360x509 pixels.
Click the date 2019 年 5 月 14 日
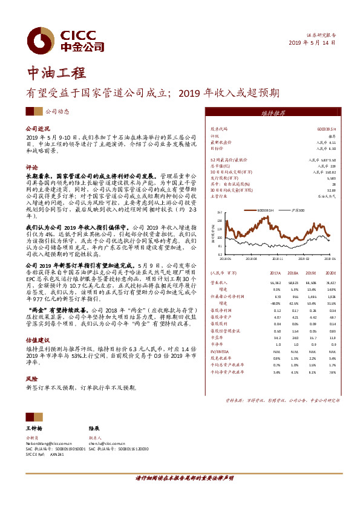[x=311, y=42]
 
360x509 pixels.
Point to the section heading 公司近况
[x=37, y=129]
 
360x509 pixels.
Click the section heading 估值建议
[x=37, y=340]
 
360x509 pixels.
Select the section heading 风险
[x=31, y=378]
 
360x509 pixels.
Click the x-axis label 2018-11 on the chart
[x=277, y=257]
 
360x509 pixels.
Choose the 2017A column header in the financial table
[x=275, y=273]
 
